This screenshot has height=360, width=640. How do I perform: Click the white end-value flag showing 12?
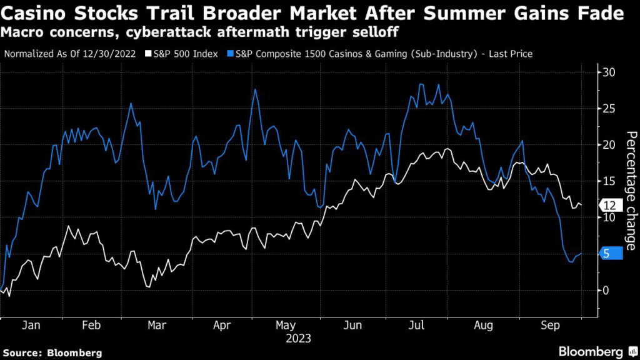(611, 206)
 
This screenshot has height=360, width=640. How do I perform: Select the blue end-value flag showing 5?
(611, 253)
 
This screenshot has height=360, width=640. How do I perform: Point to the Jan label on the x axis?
(31, 326)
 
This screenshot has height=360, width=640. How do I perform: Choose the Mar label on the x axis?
(156, 326)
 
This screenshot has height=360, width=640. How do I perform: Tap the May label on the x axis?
(285, 326)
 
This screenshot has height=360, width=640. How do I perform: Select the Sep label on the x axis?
(550, 326)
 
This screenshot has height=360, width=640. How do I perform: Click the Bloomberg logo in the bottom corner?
(590, 352)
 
